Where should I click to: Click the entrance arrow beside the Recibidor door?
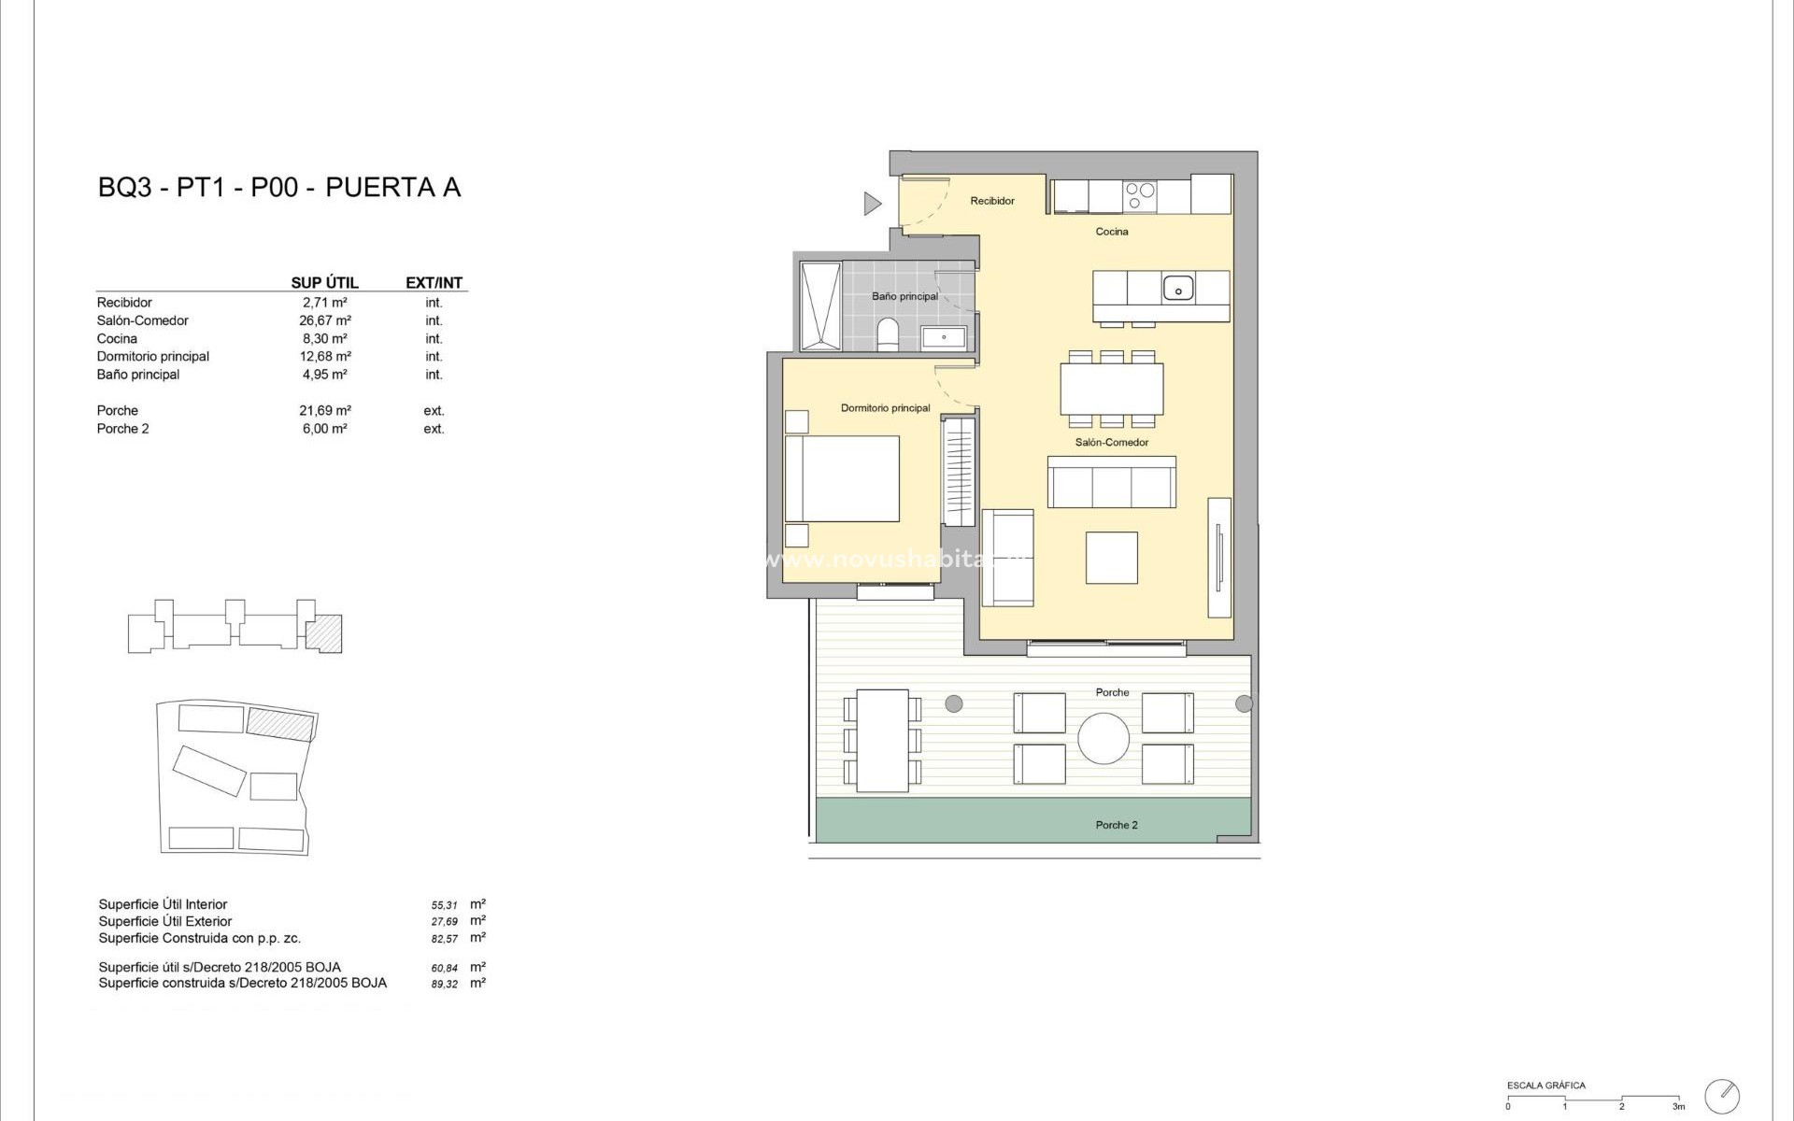coord(872,203)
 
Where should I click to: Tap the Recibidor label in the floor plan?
coord(991,201)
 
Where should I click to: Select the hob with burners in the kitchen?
coord(1140,195)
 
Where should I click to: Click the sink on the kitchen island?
coord(1178,288)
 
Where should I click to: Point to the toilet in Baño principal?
coord(888,333)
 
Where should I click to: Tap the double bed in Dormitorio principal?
coord(842,479)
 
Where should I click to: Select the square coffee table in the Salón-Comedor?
coord(1111,558)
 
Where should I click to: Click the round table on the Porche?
coord(1103,739)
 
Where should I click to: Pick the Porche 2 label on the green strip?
coord(1117,825)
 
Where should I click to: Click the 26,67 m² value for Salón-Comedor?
coord(324,320)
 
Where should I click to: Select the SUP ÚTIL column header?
coord(324,283)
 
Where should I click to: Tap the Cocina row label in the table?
coord(117,338)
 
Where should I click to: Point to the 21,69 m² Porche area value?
coord(324,410)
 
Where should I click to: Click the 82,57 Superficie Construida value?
coord(444,938)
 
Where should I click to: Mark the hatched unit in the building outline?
coord(324,632)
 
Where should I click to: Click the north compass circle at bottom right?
coord(1722,1096)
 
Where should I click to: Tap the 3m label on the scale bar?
coord(1679,1107)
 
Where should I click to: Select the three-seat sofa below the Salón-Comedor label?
coord(1111,483)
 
